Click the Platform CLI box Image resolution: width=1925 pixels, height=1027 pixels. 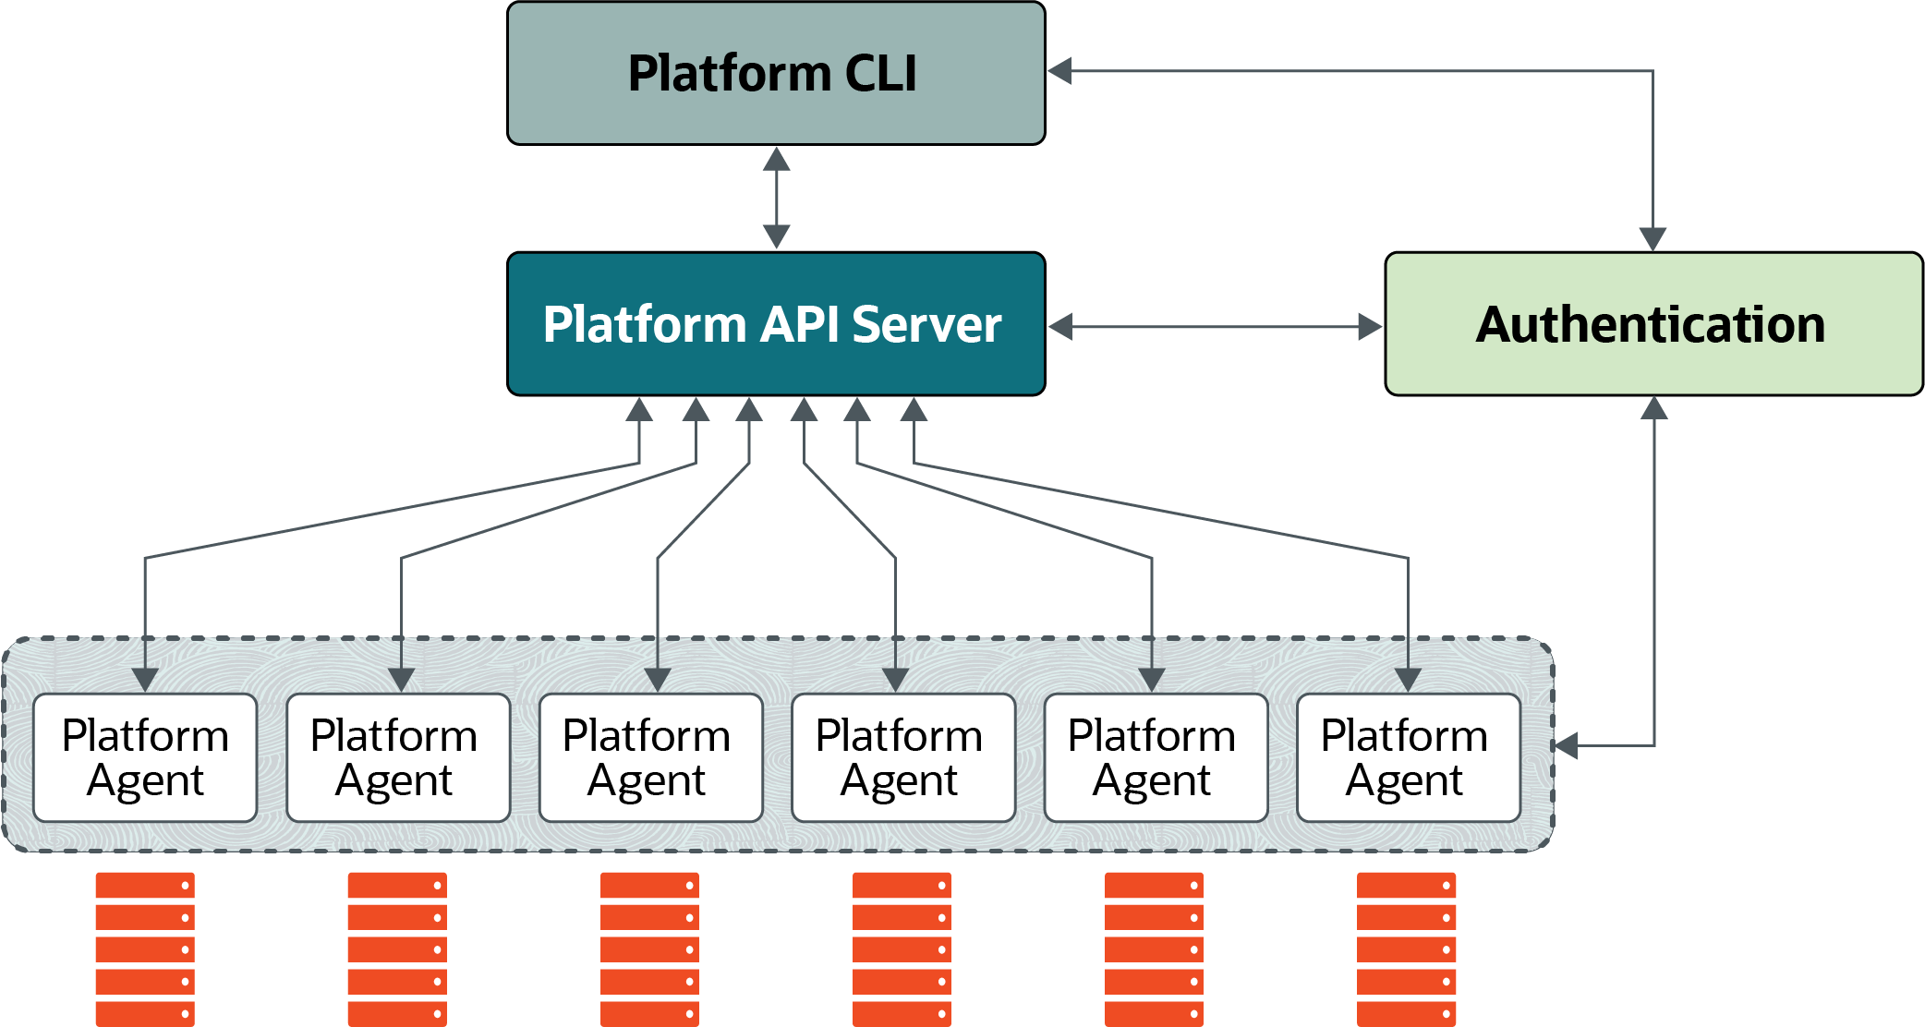tap(776, 74)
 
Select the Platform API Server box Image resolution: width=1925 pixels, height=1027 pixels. tap(776, 324)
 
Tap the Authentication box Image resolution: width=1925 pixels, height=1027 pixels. tap(1653, 324)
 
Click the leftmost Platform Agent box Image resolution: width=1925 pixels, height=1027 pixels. tap(145, 757)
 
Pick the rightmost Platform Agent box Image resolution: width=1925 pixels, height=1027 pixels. tap(1408, 757)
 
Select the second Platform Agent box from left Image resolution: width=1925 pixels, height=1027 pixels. tap(398, 757)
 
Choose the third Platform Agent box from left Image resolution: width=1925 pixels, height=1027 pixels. tap(650, 757)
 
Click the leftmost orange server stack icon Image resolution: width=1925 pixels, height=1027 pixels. tap(145, 948)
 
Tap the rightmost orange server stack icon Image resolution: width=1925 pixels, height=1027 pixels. tap(1406, 948)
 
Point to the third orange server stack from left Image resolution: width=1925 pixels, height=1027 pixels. tap(649, 948)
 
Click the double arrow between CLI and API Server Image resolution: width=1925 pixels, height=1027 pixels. tap(777, 198)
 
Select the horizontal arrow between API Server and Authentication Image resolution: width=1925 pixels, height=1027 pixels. tap(1216, 326)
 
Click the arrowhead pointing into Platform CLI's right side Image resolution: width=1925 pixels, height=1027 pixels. tap(1060, 71)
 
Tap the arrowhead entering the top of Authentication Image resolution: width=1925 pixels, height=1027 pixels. tap(1653, 239)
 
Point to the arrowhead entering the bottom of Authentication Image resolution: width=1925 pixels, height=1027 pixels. tap(1653, 409)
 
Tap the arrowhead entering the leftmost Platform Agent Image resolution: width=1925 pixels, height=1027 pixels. tap(145, 680)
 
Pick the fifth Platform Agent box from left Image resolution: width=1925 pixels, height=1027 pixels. tap(1156, 757)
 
